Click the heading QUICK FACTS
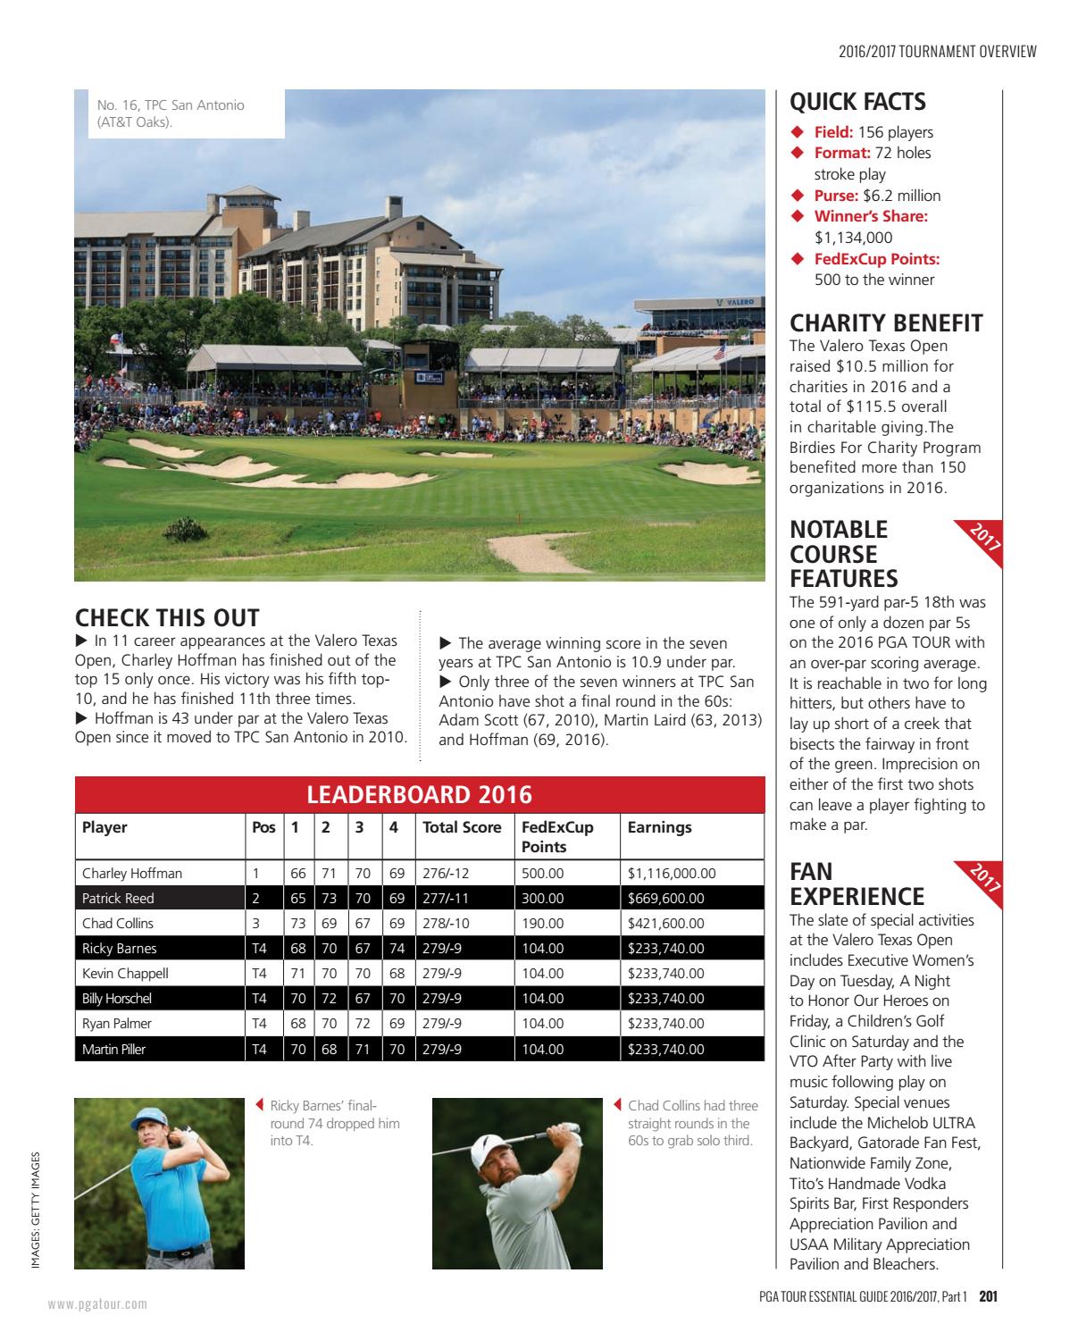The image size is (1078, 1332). click(x=857, y=102)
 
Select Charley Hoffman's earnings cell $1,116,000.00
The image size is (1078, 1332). click(x=672, y=873)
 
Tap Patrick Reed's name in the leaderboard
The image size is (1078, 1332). click(x=118, y=898)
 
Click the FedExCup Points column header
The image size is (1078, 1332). click(x=557, y=836)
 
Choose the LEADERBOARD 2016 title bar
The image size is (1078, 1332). click(x=420, y=794)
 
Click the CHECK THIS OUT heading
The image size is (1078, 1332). click(x=167, y=617)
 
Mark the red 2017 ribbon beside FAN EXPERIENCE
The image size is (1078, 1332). click(x=986, y=878)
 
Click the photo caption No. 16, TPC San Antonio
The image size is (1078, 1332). click(x=171, y=113)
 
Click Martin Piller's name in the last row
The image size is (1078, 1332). click(x=113, y=1049)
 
